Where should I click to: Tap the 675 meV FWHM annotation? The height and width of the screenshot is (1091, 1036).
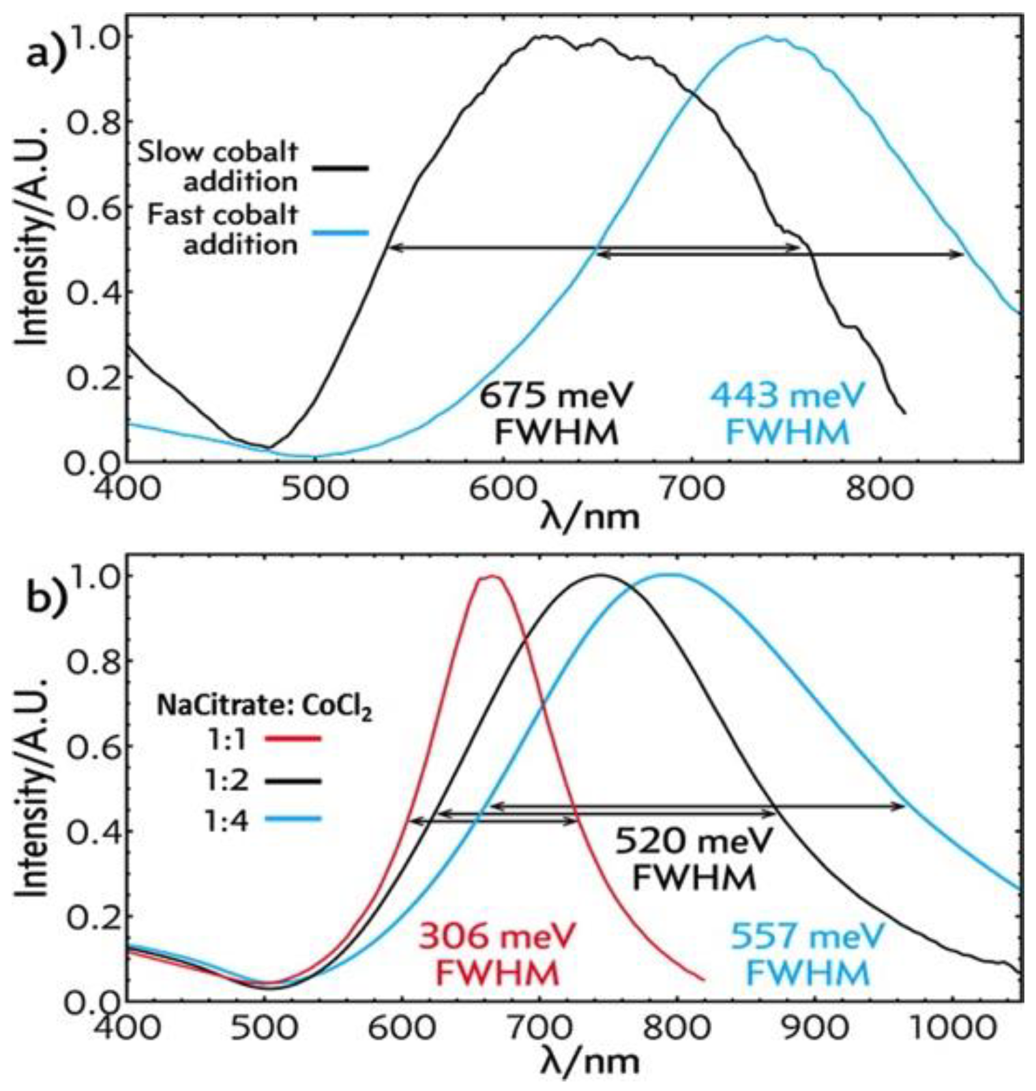coord(556,413)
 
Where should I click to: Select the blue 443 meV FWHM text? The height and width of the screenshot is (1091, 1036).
coord(788,413)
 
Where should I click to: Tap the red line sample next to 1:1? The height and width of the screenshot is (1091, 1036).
coord(293,738)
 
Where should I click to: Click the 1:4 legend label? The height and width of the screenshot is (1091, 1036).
coord(227,820)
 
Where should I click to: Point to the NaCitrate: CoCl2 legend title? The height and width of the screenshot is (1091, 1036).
coord(265,706)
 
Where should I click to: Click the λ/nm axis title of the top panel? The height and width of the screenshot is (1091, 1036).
coord(591,516)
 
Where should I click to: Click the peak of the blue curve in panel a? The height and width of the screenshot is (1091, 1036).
coord(767,38)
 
